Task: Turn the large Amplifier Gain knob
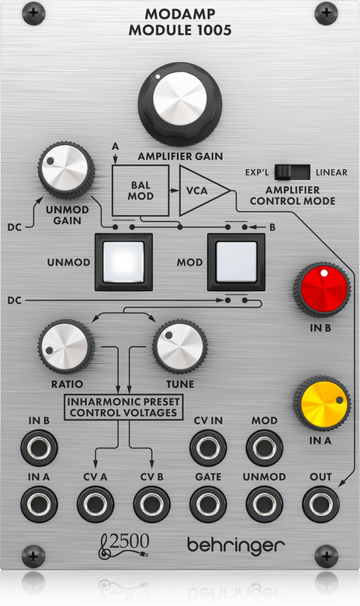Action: tap(180, 103)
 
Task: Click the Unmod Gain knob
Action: tap(67, 170)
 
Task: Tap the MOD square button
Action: tap(236, 261)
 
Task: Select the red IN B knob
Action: tap(322, 290)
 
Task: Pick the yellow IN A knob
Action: tap(322, 404)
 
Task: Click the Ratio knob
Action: tap(67, 346)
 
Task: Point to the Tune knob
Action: tap(180, 346)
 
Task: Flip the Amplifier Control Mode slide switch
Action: tap(292, 172)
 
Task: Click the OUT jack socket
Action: tap(320, 504)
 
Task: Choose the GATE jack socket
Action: tap(208, 504)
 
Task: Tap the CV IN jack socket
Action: tap(208, 448)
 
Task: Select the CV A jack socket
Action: tap(95, 504)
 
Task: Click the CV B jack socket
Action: tap(152, 504)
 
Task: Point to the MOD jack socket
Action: tap(265, 448)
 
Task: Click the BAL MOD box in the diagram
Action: tap(140, 191)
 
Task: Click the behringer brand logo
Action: tap(236, 545)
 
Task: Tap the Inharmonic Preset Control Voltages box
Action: tap(123, 407)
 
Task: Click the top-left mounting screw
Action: tap(33, 13)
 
